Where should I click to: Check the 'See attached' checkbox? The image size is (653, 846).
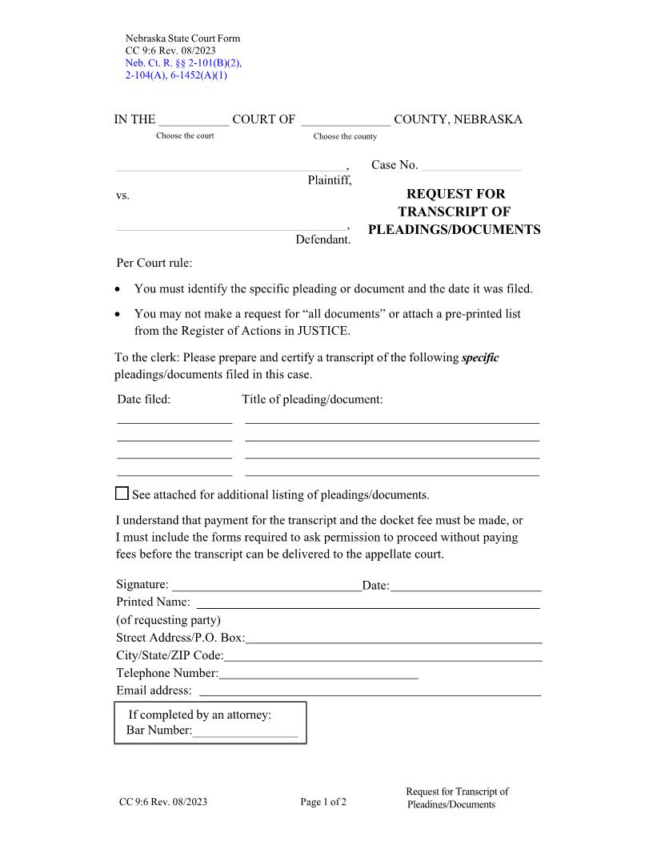pyautogui.click(x=122, y=493)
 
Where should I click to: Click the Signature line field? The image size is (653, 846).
pyautogui.click(x=266, y=586)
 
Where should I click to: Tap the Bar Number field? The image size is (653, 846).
pyautogui.click(x=245, y=730)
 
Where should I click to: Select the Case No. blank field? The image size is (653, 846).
pyautogui.click(x=471, y=166)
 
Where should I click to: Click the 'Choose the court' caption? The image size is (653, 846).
pyautogui.click(x=185, y=135)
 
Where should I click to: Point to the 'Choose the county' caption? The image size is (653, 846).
pyautogui.click(x=345, y=136)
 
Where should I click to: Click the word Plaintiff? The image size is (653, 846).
pyautogui.click(x=330, y=180)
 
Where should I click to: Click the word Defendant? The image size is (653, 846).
pyautogui.click(x=323, y=240)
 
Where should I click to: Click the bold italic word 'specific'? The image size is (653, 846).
pyautogui.click(x=480, y=357)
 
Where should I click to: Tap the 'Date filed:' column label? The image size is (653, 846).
pyautogui.click(x=144, y=399)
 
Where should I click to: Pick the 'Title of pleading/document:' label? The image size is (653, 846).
pyautogui.click(x=312, y=399)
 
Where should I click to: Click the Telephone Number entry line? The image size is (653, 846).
pyautogui.click(x=318, y=674)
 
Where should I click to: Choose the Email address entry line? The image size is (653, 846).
pyautogui.click(x=370, y=691)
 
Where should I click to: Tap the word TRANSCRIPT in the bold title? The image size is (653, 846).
pyautogui.click(x=454, y=211)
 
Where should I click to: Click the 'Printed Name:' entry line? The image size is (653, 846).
pyautogui.click(x=368, y=602)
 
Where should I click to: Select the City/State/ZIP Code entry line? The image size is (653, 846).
pyautogui.click(x=383, y=656)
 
